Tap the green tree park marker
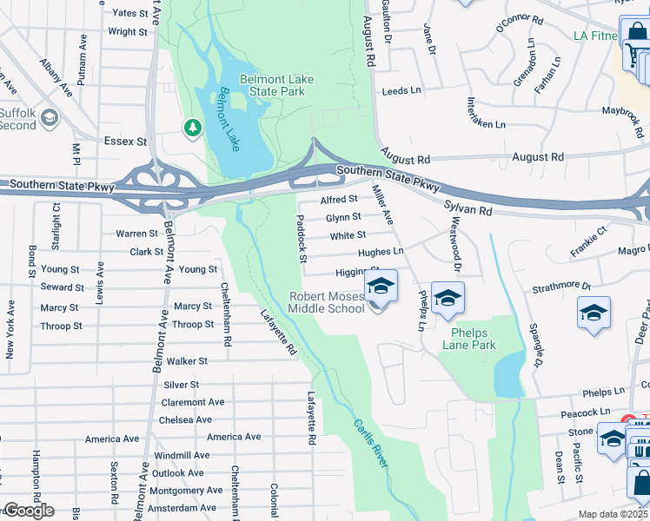tap(192, 129)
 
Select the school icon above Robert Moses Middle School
tap(380, 286)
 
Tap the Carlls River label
tap(369, 444)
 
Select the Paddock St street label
tap(302, 239)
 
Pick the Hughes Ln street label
tap(381, 252)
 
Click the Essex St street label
tap(126, 141)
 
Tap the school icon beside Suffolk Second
tap(50, 117)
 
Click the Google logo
tap(28, 511)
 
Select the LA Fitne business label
tap(595, 36)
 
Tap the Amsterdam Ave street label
tap(186, 507)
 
